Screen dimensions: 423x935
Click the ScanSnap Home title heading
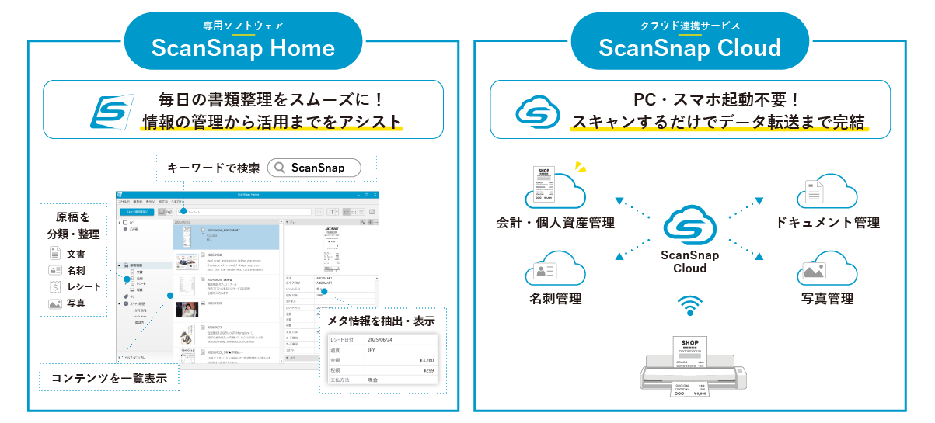click(x=243, y=48)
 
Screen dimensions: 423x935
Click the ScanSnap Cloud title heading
click(x=689, y=48)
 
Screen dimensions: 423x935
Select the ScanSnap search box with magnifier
click(x=316, y=168)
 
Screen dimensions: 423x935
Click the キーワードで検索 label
click(x=213, y=168)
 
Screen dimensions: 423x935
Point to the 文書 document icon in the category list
click(x=55, y=254)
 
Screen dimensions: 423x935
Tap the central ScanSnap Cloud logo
click(x=689, y=224)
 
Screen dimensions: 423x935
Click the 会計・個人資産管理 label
click(x=556, y=223)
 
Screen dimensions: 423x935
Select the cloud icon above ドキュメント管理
click(x=826, y=191)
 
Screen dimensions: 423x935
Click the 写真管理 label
click(x=827, y=298)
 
